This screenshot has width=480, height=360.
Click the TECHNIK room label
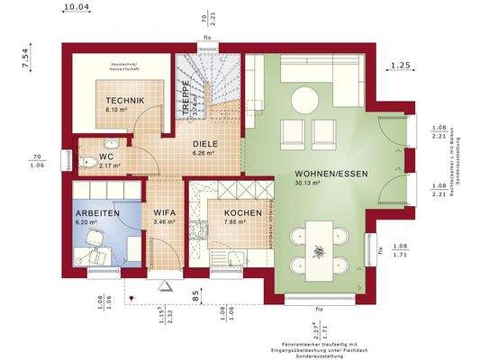tap(119, 100)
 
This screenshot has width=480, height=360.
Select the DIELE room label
tap(204, 142)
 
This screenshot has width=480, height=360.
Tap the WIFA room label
tap(163, 211)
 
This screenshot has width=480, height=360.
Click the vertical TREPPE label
tap(186, 93)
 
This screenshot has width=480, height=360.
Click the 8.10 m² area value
tap(118, 110)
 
